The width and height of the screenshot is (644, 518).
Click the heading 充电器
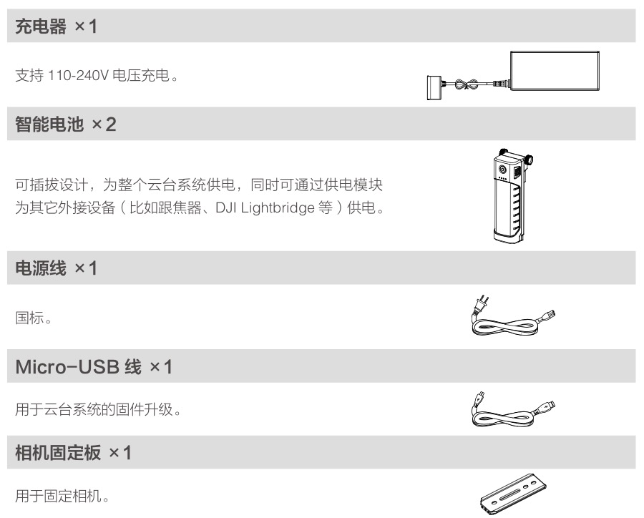pyautogui.click(x=41, y=26)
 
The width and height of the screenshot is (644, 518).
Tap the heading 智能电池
pyautogui.click(x=49, y=124)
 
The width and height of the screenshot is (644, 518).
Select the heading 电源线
pyautogui.click(x=41, y=268)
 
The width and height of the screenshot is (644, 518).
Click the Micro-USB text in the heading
pyautogui.click(x=67, y=367)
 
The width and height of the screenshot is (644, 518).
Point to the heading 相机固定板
pyautogui.click(x=58, y=453)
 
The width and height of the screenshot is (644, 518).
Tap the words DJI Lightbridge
pyautogui.click(x=265, y=208)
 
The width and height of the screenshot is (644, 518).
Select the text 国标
pyautogui.click(x=29, y=318)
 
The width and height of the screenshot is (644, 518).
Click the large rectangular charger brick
pyautogui.click(x=555, y=71)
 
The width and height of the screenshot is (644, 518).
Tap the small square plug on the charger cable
pyautogui.click(x=434, y=87)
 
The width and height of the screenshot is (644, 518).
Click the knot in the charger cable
pyautogui.click(x=467, y=84)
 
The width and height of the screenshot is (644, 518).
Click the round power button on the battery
pyautogui.click(x=502, y=170)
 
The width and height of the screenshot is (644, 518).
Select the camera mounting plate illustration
pyautogui.click(x=513, y=494)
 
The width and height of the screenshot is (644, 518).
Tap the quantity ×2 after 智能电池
pyautogui.click(x=104, y=124)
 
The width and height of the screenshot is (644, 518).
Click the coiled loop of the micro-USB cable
pyautogui.click(x=504, y=418)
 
